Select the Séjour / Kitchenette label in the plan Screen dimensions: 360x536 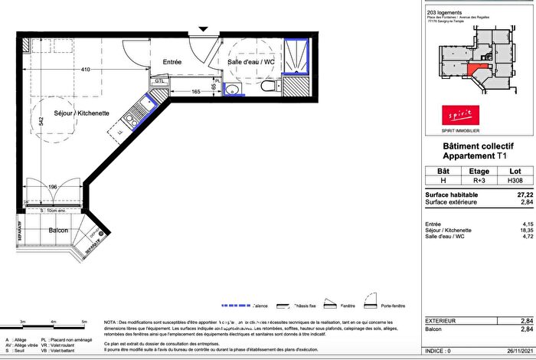[x=81, y=113]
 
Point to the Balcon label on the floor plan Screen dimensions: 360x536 [x=59, y=231]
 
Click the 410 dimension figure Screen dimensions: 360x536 [x=86, y=70]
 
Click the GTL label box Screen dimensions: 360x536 [x=159, y=80]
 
